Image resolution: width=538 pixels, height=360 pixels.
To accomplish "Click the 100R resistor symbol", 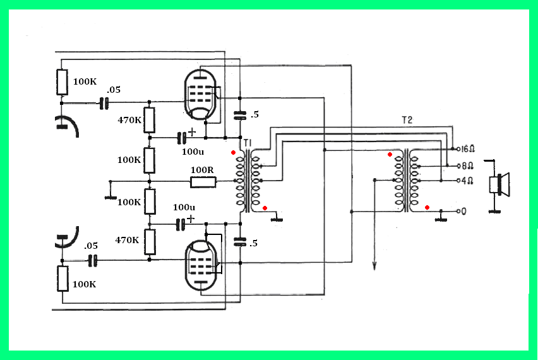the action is pyautogui.click(x=203, y=182).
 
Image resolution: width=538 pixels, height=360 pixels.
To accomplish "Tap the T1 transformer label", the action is pyautogui.click(x=248, y=143).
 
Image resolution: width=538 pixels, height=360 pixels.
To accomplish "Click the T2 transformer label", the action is pyautogui.click(x=407, y=120).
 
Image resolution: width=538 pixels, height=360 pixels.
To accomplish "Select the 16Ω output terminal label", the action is pyautogui.click(x=468, y=149).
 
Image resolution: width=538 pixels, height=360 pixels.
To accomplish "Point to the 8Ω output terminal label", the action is pyautogui.click(x=468, y=166).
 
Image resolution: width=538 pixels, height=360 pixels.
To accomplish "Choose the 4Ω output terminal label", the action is pyautogui.click(x=467, y=181).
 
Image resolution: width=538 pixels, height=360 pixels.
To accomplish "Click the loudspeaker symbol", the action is pyautogui.click(x=499, y=184).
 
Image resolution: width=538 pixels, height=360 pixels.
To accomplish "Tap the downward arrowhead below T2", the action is pyautogui.click(x=374, y=266).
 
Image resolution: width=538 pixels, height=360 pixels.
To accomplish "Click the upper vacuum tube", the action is pyautogui.click(x=201, y=95).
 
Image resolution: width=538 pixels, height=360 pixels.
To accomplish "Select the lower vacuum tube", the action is pyautogui.click(x=201, y=265).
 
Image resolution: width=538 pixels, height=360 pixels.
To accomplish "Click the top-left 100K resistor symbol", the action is pyautogui.click(x=62, y=82).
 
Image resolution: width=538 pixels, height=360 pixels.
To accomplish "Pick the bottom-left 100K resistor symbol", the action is pyautogui.click(x=63, y=279).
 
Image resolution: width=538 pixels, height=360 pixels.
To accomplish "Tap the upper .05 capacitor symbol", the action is pyautogui.click(x=104, y=103).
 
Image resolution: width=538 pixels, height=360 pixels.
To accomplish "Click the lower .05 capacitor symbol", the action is pyautogui.click(x=93, y=261).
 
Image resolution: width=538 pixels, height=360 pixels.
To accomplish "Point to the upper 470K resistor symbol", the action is pyautogui.click(x=149, y=120).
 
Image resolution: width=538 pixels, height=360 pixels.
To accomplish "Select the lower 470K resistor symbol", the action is pyautogui.click(x=150, y=242).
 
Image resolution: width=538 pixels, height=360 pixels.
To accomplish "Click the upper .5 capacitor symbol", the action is pyautogui.click(x=240, y=116).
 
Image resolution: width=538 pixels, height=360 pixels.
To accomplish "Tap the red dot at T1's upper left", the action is pyautogui.click(x=233, y=152).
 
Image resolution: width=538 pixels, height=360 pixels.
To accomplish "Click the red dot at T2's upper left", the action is pyautogui.click(x=390, y=155).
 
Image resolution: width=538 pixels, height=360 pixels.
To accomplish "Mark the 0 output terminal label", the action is pyautogui.click(x=463, y=212).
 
